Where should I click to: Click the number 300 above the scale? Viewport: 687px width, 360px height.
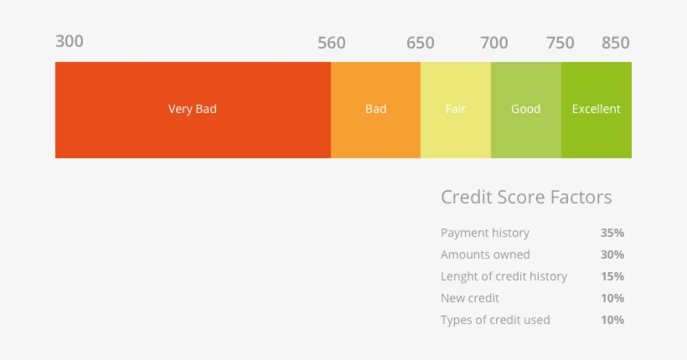pos(70,41)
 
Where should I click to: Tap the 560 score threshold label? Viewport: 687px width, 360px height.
pos(332,43)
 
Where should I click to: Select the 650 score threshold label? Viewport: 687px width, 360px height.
pos(421,43)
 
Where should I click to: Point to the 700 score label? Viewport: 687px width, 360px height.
pos(493,43)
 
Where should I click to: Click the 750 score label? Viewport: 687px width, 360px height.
pos(560,43)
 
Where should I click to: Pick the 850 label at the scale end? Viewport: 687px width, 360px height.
pos(615,43)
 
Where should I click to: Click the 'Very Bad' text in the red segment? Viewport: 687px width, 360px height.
pos(193,109)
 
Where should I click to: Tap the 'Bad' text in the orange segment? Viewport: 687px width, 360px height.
pos(376,109)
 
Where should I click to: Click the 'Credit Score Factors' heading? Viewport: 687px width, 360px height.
pos(526,198)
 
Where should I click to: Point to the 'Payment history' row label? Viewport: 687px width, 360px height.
pos(485,233)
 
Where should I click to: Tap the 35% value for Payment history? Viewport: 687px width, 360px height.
pos(612,233)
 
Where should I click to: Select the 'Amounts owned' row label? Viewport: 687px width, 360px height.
pos(485,255)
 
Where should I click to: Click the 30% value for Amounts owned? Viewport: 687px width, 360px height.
pos(612,255)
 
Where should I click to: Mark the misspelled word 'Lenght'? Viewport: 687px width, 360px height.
pos(459,276)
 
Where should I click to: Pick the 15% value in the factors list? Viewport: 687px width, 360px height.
pos(612,276)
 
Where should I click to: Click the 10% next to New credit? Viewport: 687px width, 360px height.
pos(612,298)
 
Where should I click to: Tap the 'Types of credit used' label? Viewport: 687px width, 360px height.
pos(495,320)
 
